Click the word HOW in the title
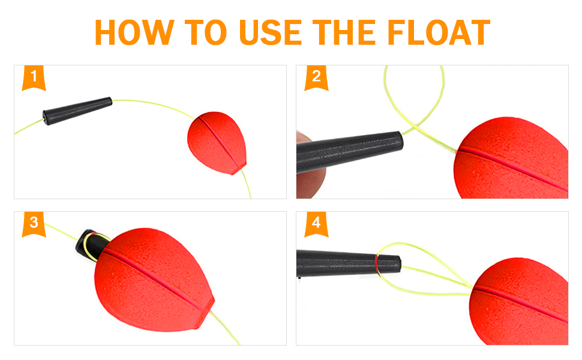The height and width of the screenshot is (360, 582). [134, 32]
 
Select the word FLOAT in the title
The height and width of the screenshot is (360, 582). [439, 32]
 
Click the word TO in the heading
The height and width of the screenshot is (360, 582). [206, 32]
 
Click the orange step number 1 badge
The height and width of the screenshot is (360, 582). [34, 78]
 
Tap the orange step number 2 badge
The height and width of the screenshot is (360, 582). [316, 78]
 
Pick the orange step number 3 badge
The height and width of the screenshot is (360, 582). [34, 224]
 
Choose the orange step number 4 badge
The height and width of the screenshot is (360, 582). [316, 224]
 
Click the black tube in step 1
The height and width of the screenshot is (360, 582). [77, 111]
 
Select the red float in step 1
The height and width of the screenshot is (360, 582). [217, 143]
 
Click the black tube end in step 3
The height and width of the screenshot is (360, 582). [89, 243]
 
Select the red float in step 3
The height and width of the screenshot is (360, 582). [153, 280]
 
